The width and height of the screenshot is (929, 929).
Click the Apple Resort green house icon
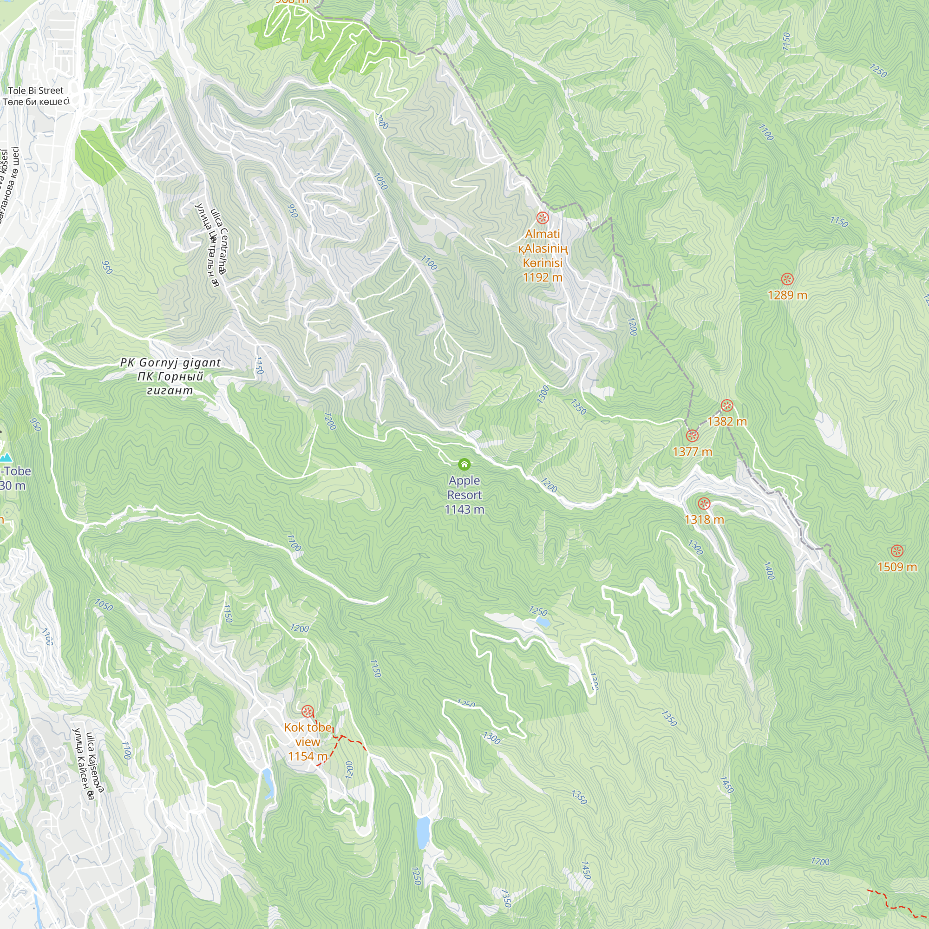click(464, 464)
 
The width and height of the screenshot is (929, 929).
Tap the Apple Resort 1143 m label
click(464, 495)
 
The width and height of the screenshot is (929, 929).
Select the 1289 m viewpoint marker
click(787, 279)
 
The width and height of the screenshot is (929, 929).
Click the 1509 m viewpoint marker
click(897, 551)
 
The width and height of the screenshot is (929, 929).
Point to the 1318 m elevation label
click(704, 519)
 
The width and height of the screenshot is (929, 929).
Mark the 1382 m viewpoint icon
click(726, 406)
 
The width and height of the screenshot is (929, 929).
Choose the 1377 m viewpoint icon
click(692, 436)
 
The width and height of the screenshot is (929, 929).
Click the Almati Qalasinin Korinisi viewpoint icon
click(543, 218)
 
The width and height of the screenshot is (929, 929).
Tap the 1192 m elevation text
click(543, 277)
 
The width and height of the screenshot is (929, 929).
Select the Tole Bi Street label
click(36, 91)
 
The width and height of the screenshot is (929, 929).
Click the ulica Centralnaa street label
click(219, 241)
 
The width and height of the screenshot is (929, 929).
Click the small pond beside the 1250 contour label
click(543, 623)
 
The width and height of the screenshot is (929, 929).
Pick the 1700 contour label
click(820, 861)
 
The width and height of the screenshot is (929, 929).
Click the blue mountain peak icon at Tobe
click(6, 457)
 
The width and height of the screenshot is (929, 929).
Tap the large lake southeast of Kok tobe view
click(423, 832)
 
